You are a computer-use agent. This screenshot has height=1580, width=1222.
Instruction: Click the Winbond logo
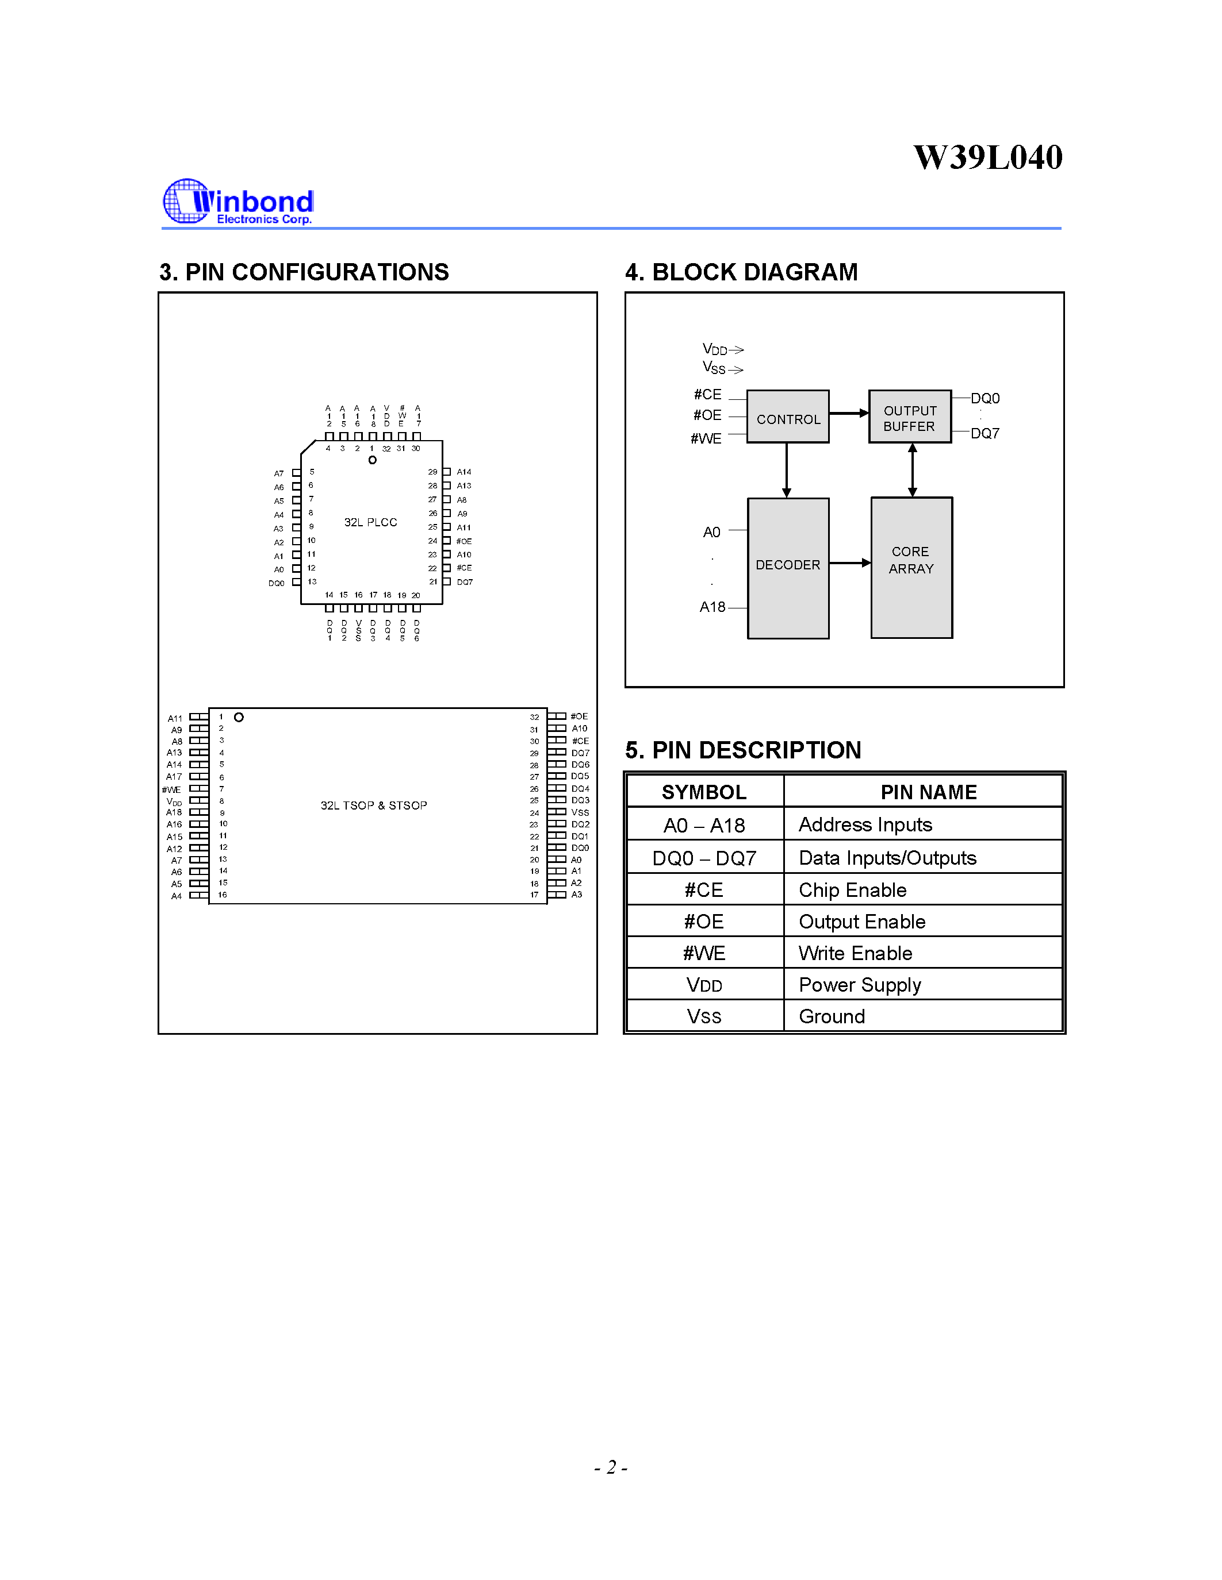click(238, 202)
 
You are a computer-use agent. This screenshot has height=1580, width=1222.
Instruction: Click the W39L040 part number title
click(987, 157)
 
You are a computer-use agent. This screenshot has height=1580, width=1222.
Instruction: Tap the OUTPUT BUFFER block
click(910, 417)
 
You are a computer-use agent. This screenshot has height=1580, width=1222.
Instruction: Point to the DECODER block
click(788, 568)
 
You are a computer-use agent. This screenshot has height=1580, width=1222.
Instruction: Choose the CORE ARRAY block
click(911, 568)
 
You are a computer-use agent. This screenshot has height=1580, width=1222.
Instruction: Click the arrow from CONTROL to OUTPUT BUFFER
click(848, 413)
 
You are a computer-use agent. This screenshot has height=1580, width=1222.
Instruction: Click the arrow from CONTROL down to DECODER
click(787, 469)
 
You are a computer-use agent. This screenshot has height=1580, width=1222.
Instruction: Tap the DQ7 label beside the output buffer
click(985, 433)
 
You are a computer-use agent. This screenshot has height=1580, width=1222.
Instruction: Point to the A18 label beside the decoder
click(712, 607)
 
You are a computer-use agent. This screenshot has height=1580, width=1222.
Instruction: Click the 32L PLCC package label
click(371, 522)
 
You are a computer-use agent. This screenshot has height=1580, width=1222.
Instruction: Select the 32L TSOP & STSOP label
click(374, 805)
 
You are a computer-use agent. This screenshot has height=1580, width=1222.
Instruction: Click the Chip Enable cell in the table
click(852, 890)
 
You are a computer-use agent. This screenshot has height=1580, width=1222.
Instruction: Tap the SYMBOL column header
click(704, 792)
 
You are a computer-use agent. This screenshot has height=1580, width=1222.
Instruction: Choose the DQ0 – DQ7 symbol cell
click(704, 858)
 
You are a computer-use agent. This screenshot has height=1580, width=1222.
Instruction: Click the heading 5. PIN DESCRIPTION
click(743, 750)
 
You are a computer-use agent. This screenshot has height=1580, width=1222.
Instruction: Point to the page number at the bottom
click(610, 1467)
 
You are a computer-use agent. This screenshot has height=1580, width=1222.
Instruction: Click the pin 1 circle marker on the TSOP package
click(239, 717)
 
